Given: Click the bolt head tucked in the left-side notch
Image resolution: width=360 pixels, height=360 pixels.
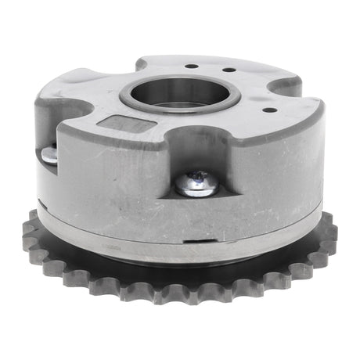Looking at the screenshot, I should point(49,155).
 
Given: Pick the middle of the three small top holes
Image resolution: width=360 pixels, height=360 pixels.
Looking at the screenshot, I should point(227,70).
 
